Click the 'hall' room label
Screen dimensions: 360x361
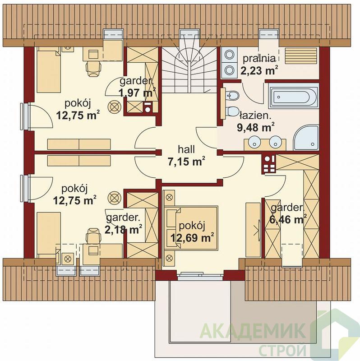click(x=186, y=149)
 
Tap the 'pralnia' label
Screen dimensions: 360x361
click(x=259, y=59)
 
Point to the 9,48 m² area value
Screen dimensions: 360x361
click(x=255, y=127)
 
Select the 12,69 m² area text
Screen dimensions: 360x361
click(x=191, y=237)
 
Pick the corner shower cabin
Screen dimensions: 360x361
click(x=306, y=138)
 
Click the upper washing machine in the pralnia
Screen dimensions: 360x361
click(x=230, y=55)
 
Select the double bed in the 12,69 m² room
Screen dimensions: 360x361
click(x=191, y=228)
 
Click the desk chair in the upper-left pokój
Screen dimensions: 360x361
click(x=93, y=69)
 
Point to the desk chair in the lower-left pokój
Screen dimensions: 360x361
click(x=93, y=235)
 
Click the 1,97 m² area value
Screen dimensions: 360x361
click(x=138, y=93)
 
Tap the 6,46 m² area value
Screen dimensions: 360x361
click(x=288, y=219)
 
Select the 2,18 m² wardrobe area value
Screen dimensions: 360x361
click(x=123, y=229)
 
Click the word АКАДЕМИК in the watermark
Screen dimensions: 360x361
click(x=253, y=331)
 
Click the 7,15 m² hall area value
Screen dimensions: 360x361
click(x=186, y=162)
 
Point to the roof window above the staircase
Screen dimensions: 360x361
click(x=189, y=35)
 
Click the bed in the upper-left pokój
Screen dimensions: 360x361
click(x=49, y=70)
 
